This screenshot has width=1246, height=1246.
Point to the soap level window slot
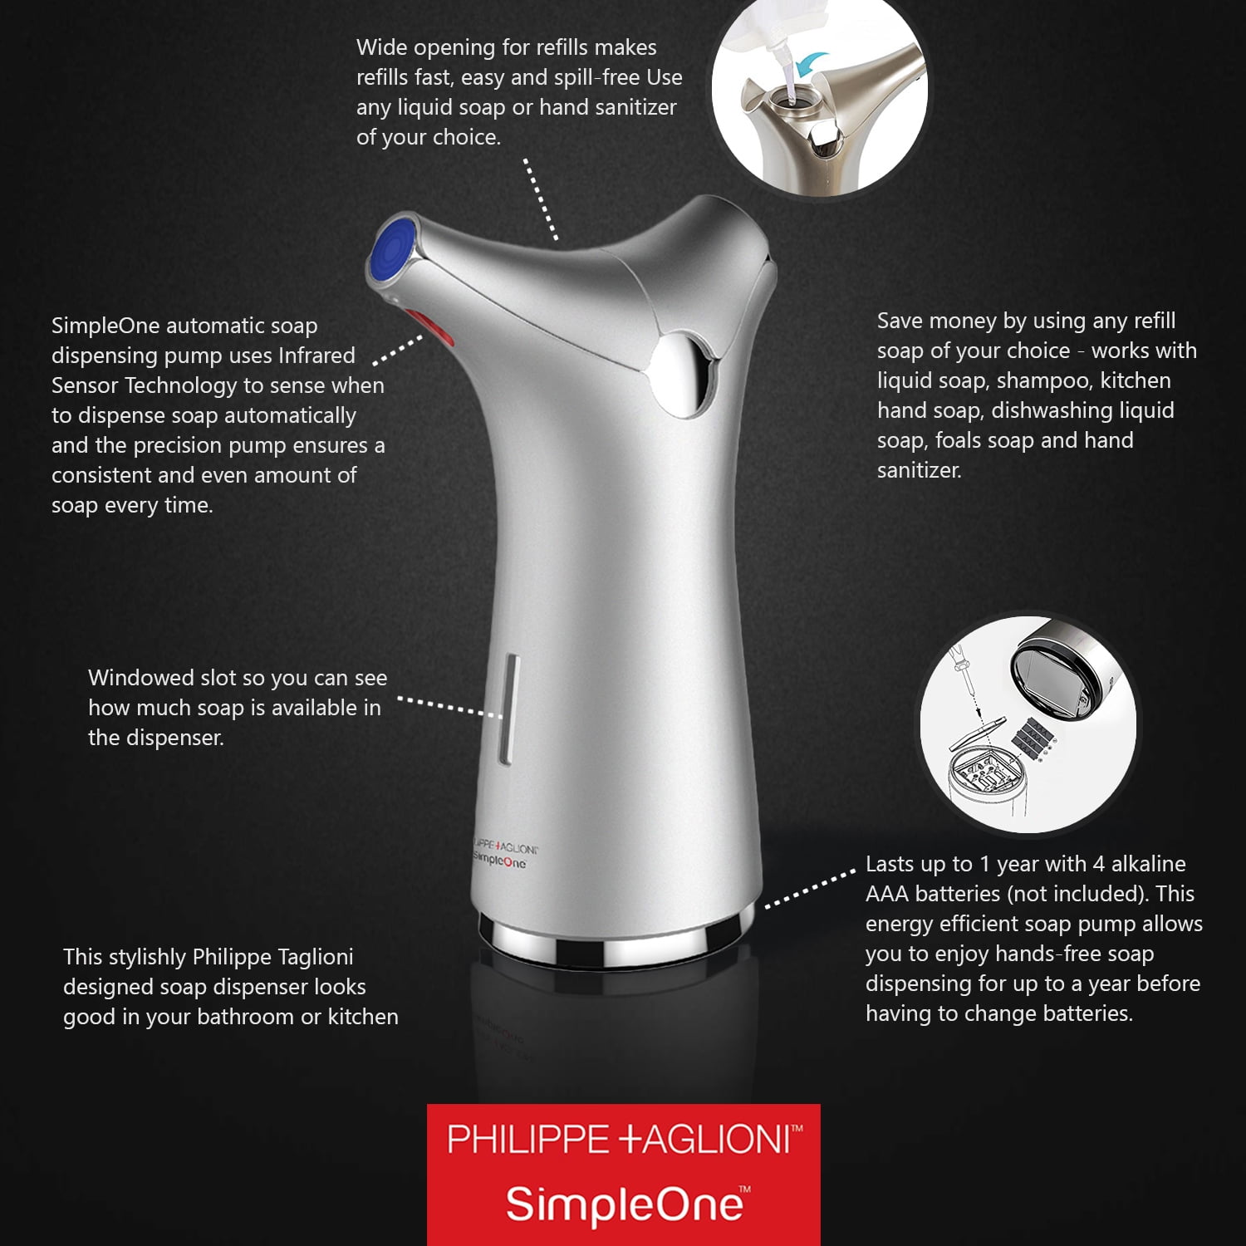(508, 709)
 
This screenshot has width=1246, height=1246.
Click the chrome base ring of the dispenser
(615, 933)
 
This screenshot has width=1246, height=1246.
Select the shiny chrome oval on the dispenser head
(684, 374)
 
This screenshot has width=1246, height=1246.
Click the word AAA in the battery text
(886, 894)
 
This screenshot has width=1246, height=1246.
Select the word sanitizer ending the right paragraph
(920, 470)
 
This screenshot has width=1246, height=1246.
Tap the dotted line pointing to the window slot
(449, 706)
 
